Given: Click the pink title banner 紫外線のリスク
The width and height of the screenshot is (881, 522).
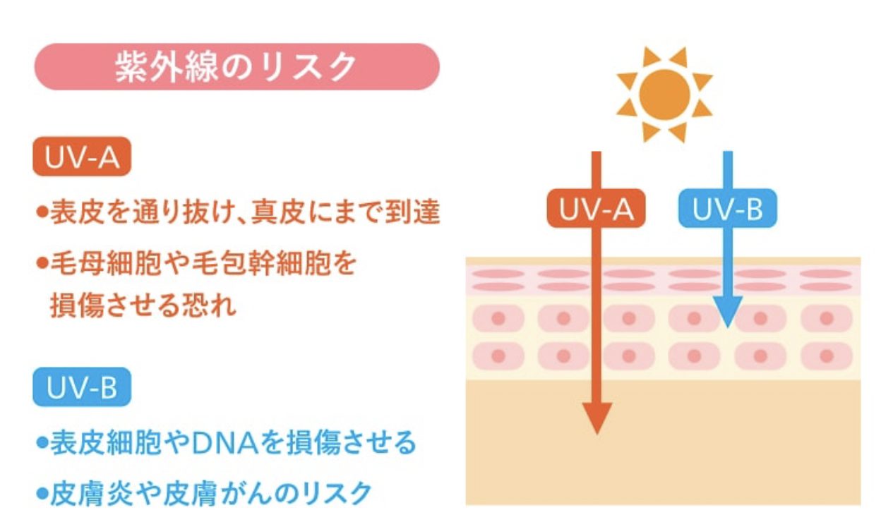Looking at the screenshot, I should (236, 67).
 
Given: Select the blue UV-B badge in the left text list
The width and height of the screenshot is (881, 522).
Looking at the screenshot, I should (82, 389).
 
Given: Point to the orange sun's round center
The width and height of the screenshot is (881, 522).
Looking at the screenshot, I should (664, 94).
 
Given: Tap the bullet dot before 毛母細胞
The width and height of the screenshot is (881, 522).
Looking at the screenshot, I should (42, 265).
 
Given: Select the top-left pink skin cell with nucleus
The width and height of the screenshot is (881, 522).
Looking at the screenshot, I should (498, 318).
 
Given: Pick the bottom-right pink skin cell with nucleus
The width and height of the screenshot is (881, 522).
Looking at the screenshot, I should (827, 355).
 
